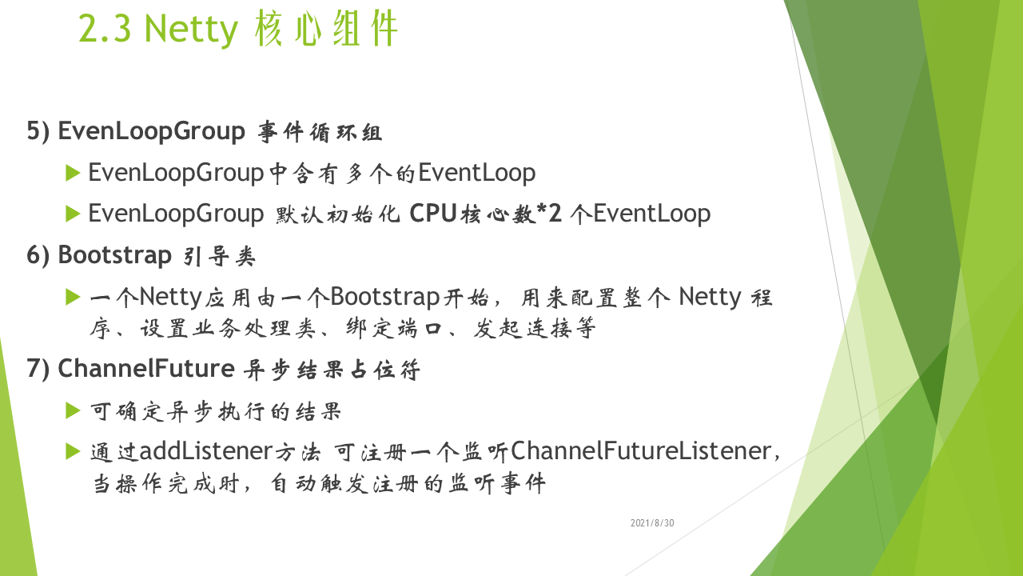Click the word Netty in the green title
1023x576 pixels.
point(191,30)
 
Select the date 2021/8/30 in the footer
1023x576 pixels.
point(652,523)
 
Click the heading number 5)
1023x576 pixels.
point(38,132)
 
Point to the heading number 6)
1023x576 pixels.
point(38,255)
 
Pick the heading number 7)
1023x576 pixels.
point(38,369)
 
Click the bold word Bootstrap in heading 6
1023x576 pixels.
point(114,255)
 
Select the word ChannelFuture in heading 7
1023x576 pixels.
point(146,369)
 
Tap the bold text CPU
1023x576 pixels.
point(433,213)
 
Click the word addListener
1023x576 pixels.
point(206,450)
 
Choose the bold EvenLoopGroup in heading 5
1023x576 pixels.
point(152,132)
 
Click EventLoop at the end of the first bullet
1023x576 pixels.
point(477,174)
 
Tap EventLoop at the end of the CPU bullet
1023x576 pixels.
point(652,214)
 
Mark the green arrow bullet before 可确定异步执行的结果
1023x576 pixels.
point(73,410)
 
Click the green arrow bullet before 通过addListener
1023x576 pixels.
point(73,451)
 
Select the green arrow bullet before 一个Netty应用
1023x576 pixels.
point(73,297)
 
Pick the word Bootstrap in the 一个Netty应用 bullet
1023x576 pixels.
point(385,298)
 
